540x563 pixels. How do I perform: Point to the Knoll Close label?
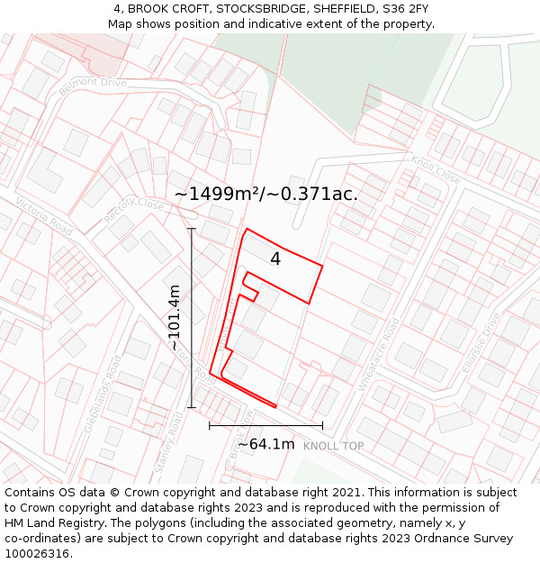coord(436,170)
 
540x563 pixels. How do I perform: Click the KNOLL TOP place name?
coord(333,446)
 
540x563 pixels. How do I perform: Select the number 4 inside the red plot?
coord(275,259)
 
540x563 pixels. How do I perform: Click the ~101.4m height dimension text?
coord(175,318)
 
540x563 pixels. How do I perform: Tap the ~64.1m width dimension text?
coord(265,444)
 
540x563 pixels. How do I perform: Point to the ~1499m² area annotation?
coord(265,194)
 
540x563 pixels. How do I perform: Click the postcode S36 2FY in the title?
coord(407,9)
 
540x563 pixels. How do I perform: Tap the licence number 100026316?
coord(38,554)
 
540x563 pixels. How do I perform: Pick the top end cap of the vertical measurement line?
coord(192,229)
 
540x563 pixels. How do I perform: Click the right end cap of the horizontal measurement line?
coord(322,425)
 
